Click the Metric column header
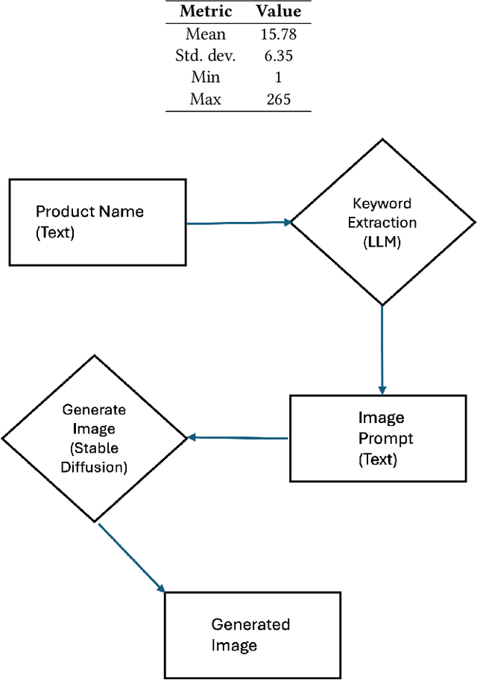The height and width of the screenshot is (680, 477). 206,12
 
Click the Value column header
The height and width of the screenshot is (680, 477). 279,12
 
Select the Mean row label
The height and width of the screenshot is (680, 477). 206,34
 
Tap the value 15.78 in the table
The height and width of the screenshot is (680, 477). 279,34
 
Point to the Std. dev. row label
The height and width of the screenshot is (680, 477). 206,55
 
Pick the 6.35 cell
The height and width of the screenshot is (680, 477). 279,55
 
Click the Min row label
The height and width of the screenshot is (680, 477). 206,77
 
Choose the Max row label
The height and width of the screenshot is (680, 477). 206,98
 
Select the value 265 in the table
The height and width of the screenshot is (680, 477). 279,98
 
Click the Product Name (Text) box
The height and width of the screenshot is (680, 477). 98,222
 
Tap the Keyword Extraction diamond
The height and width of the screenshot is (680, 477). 382,222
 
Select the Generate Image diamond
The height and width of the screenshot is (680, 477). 95,438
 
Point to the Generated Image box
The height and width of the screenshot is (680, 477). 252,635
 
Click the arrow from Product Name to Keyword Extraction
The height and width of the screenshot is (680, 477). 238,222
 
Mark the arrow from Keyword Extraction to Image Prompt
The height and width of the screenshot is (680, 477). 382,350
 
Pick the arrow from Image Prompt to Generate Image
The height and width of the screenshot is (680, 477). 238,438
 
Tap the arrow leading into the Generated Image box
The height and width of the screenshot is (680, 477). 131,557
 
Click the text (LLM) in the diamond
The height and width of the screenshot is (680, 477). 382,242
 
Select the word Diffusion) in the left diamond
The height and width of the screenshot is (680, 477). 95,468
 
